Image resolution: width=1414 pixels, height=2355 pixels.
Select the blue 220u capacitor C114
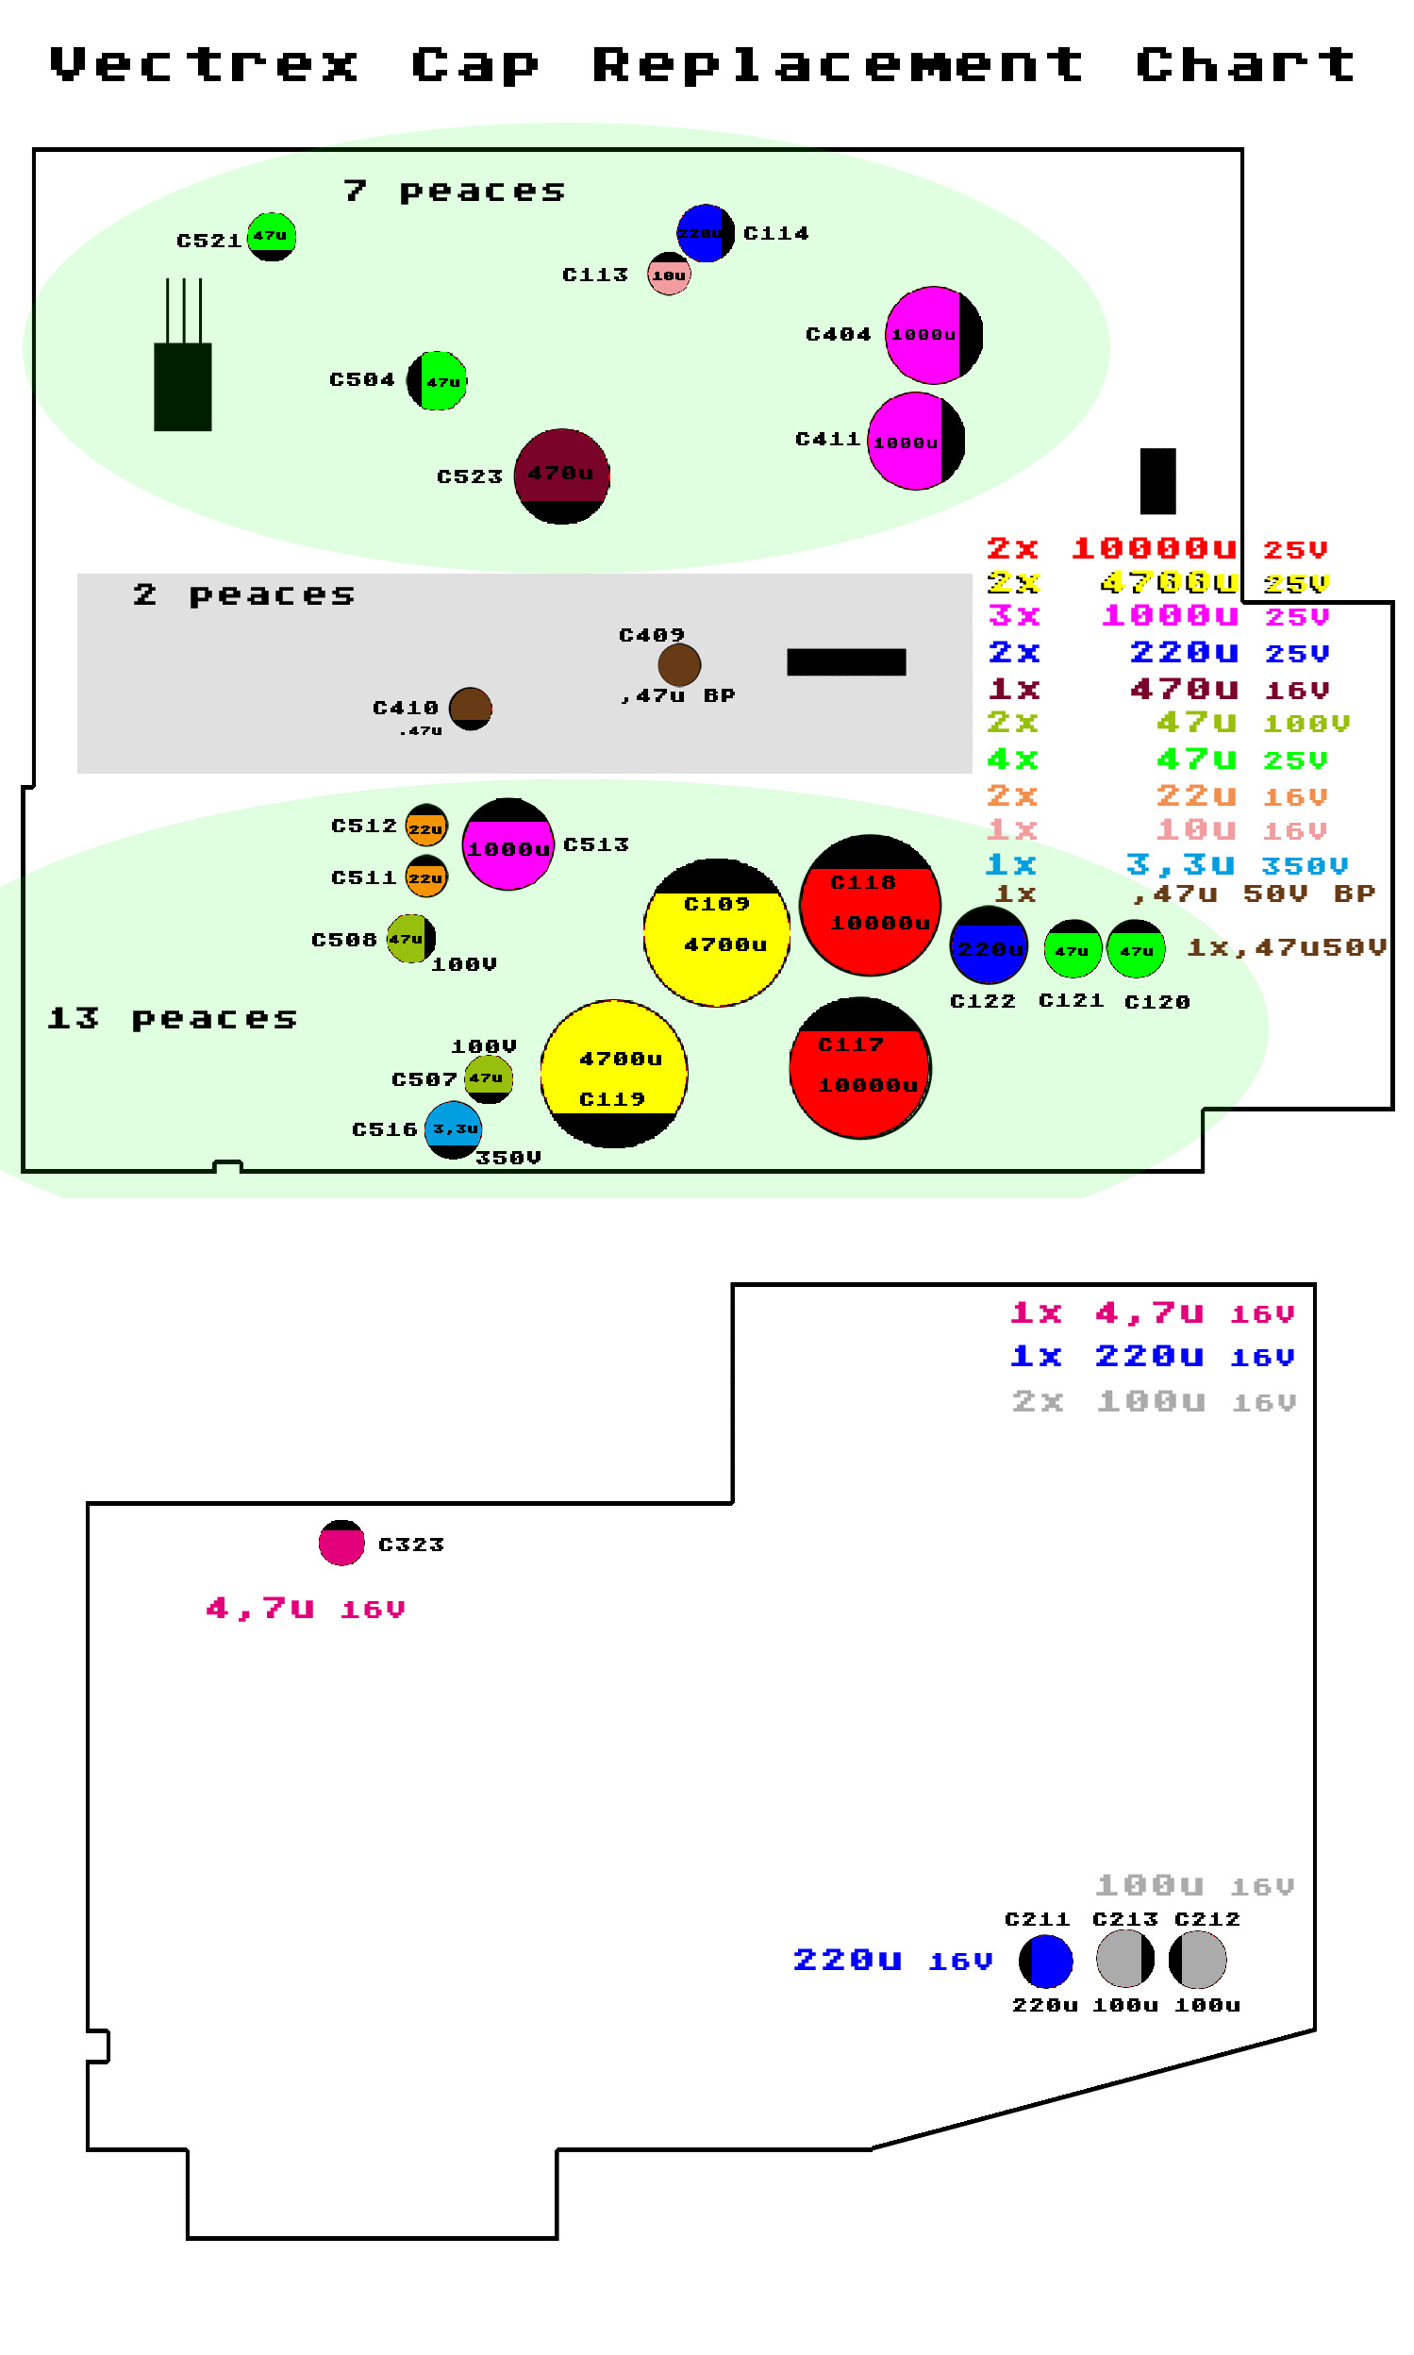(705, 232)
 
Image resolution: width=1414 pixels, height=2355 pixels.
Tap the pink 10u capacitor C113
(669, 275)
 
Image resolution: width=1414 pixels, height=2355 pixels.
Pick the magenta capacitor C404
(933, 335)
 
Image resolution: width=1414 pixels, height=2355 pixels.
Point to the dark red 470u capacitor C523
(561, 476)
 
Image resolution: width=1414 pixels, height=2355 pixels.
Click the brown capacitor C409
(679, 664)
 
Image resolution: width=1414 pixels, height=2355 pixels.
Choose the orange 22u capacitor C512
(426, 827)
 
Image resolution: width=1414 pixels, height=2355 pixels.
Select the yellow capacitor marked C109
(717, 932)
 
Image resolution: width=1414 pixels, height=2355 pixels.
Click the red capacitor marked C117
(859, 1067)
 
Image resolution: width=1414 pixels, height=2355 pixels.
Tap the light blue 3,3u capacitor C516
(453, 1129)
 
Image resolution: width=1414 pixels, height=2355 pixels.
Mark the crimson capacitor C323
(341, 1543)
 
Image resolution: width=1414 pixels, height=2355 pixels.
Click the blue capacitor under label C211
(1045, 1961)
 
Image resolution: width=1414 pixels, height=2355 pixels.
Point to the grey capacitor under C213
(1124, 1959)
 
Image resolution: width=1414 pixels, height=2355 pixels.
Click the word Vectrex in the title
(204, 65)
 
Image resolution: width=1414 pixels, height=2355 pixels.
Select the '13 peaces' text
(173, 1018)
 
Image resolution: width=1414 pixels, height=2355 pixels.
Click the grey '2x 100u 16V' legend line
(1153, 1401)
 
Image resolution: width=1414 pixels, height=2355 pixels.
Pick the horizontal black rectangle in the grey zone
(846, 661)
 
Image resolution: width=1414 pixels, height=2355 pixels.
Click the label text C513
(596, 844)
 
